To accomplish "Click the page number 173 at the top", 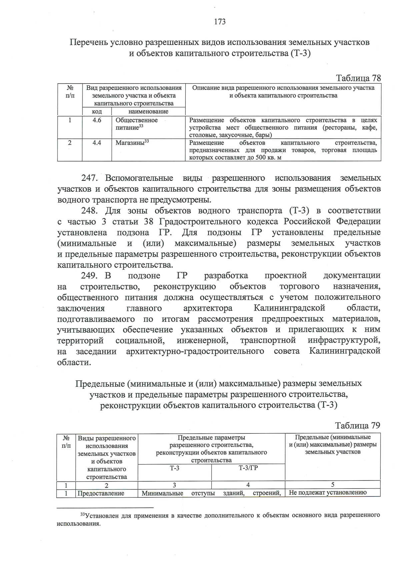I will pos(220,22).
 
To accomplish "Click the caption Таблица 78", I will pos(358,78).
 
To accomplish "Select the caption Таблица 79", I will pos(357,425).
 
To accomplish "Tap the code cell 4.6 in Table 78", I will pos(97,120).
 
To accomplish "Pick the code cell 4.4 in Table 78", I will pos(97,143).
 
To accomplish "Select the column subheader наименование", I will pos(148,112).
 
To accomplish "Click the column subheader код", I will pos(97,112).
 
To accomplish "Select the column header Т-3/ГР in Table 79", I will pos(248,468).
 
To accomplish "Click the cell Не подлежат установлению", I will pos(328,493).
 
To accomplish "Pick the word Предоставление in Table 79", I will pos(101,493).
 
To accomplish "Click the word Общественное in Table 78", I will pos(137,120).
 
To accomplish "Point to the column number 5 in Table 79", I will pos(333,485).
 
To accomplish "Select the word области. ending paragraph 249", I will pos(74,362).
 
